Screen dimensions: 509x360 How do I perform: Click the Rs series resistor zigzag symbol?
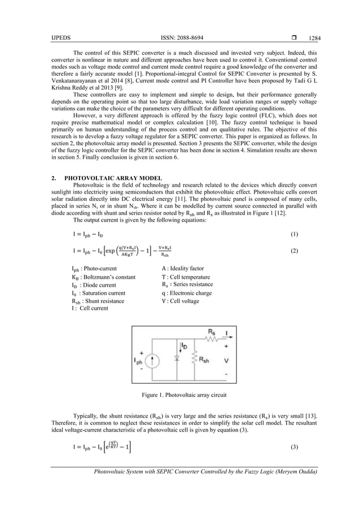point(212,339)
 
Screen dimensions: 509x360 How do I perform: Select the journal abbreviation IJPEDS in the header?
point(59,38)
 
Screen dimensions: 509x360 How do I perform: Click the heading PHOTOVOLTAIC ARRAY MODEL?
point(113,178)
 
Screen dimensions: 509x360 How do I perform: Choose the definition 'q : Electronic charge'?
point(187,293)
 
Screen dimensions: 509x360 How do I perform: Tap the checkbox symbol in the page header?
point(296,38)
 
